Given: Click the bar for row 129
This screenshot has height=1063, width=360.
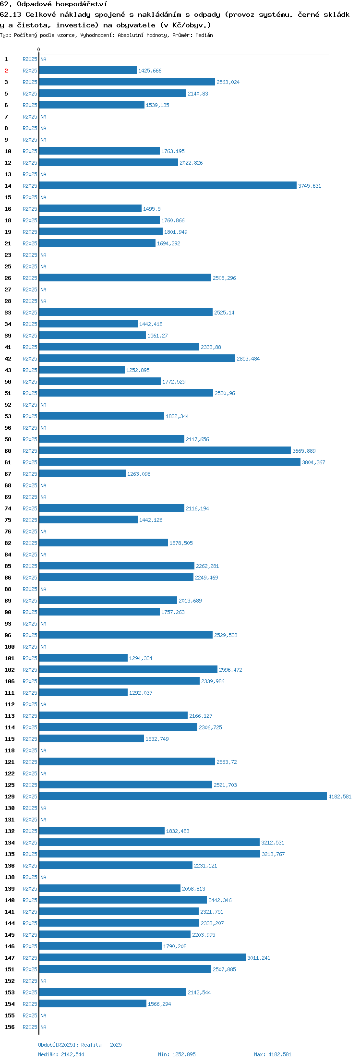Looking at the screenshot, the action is tap(183, 796).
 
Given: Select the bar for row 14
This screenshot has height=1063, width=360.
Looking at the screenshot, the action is tap(168, 185).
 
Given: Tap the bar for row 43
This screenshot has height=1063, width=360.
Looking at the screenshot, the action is tap(82, 370).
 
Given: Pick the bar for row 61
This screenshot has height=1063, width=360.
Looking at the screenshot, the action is tap(170, 462).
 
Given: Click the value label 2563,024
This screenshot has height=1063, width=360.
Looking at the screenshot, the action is tap(228, 82).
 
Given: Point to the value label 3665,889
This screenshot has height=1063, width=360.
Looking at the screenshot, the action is tap(304, 451).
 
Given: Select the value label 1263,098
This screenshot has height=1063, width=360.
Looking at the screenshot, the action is tap(139, 474).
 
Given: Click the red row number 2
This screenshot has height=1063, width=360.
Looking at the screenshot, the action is tap(6, 71).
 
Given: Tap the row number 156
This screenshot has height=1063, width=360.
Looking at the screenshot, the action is tap(10, 1027).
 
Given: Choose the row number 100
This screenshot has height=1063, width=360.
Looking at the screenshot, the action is tap(10, 647).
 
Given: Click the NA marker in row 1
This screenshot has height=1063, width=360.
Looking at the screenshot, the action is tap(43, 59).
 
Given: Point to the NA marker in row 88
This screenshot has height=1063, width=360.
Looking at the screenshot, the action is tap(43, 589).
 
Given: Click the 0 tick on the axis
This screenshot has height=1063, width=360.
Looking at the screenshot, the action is tap(39, 49).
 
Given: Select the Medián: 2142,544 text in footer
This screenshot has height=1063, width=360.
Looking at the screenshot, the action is tap(61, 1054).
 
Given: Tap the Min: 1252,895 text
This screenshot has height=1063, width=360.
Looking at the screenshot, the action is tap(177, 1054).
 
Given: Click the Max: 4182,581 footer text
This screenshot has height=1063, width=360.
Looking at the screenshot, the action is tap(273, 1054).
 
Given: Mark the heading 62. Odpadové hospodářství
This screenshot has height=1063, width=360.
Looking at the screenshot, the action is tap(54, 4).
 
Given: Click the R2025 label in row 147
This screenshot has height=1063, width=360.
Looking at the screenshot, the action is tap(30, 958).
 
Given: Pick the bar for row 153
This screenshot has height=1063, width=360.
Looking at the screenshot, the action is tap(113, 992).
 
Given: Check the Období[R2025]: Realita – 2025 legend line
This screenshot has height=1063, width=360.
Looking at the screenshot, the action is tap(80, 1045).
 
